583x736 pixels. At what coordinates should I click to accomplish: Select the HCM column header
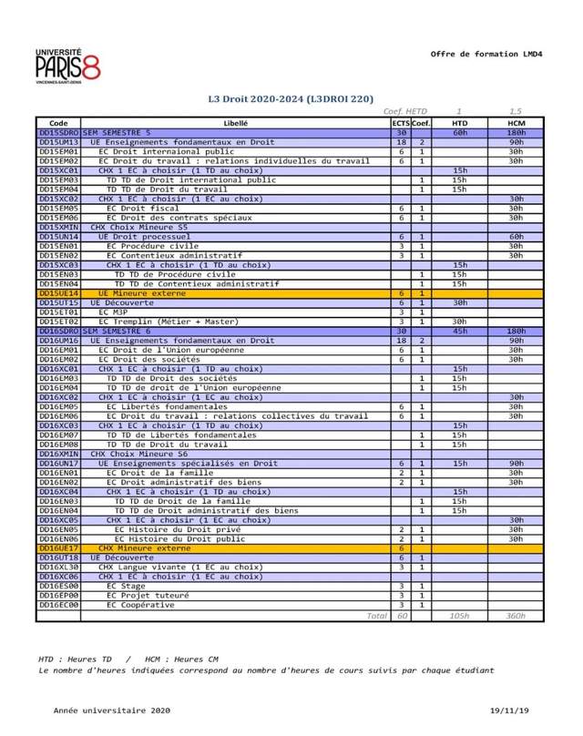517,122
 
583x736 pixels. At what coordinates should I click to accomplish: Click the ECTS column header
401,122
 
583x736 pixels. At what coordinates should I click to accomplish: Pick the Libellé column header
235,122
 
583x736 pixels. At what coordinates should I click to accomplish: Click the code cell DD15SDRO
58,132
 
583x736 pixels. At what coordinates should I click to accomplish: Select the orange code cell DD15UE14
58,293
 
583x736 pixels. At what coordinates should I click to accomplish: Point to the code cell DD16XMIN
58,454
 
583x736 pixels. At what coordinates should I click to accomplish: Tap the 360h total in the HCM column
516,616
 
